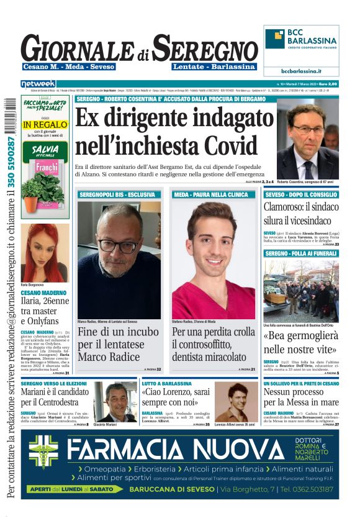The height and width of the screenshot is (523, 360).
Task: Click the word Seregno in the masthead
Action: pos(205,48)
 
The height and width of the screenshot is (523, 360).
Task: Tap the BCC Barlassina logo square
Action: pos(275,39)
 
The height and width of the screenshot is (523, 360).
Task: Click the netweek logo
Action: pos(38,83)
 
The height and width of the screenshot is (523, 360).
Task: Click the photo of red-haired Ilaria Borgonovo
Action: pos(45,252)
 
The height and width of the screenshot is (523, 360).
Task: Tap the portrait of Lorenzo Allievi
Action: pos(236,402)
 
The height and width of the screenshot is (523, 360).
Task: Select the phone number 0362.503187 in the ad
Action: pos(308,489)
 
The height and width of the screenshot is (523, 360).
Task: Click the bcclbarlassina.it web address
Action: pos(302,71)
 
